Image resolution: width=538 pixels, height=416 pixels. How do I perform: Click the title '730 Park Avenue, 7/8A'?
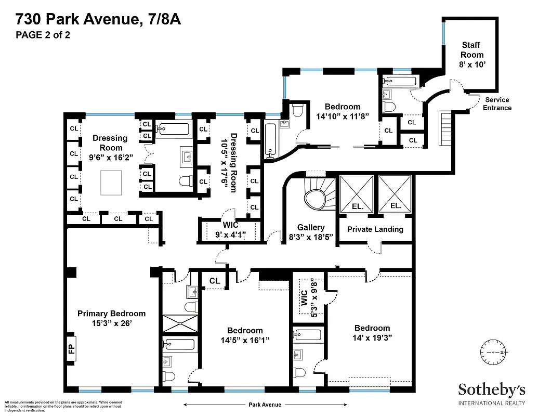pyautogui.click(x=98, y=20)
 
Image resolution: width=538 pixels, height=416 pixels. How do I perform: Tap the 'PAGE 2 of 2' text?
pyautogui.click(x=43, y=35)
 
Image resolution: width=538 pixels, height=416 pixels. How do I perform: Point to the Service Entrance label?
pyautogui.click(x=497, y=103)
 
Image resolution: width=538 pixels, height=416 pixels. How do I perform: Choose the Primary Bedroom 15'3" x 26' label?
pyautogui.click(x=111, y=318)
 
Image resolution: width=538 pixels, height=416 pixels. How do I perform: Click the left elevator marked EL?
pyautogui.click(x=356, y=194)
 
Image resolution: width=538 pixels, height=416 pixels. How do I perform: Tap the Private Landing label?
pyautogui.click(x=375, y=229)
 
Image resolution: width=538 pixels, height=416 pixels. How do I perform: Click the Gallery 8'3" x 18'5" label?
pyautogui.click(x=311, y=232)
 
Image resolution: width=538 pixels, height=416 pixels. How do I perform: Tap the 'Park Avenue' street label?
pyautogui.click(x=264, y=405)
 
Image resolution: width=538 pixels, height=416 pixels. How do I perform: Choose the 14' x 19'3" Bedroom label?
pyautogui.click(x=372, y=332)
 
